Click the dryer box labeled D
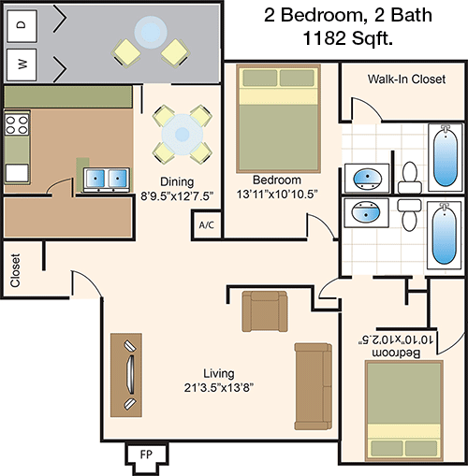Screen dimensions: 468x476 [x=22, y=26]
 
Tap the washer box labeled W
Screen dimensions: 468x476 [x=22, y=65]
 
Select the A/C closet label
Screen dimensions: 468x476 [x=207, y=224]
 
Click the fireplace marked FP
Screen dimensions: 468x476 [x=146, y=454]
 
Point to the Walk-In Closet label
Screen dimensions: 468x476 [x=406, y=79]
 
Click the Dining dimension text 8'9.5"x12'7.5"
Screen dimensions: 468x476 [x=177, y=196]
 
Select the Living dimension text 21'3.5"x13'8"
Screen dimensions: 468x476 [x=219, y=388]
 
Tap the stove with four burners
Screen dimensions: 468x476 [x=17, y=124]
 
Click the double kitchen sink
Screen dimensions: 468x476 [x=107, y=180]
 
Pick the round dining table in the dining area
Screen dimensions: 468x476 [x=183, y=135]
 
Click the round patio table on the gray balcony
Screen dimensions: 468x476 [x=150, y=31]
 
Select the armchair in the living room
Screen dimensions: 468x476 [x=265, y=311]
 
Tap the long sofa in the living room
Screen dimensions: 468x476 [x=314, y=386]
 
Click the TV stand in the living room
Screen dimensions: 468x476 [x=126, y=375]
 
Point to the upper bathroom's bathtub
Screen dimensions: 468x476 [x=445, y=157]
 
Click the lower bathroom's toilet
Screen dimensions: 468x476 [x=409, y=215]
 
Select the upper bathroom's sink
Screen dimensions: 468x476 [x=367, y=179]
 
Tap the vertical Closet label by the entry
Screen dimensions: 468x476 [x=15, y=270]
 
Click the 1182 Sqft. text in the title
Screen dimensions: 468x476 [x=348, y=38]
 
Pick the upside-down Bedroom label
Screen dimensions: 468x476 [x=396, y=353]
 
